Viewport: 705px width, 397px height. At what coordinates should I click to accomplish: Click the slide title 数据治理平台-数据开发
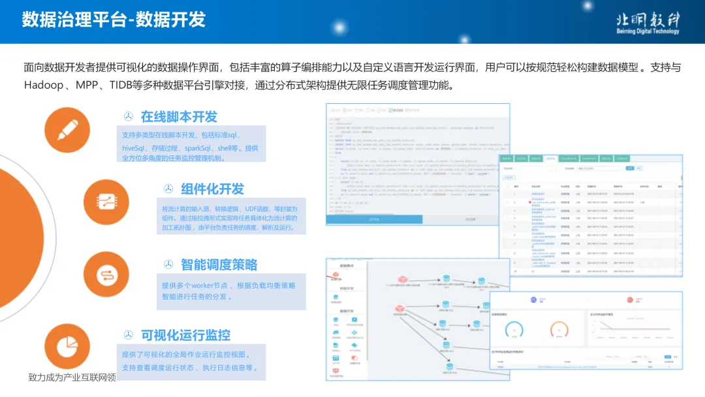pyautogui.click(x=114, y=20)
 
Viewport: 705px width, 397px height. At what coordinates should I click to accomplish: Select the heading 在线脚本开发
pyautogui.click(x=179, y=117)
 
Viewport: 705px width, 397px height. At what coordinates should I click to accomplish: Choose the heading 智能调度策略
pyautogui.click(x=219, y=264)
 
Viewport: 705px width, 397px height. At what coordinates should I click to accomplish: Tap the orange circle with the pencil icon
pyautogui.click(x=67, y=130)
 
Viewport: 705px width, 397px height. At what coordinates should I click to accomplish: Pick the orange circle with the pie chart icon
pyautogui.click(x=67, y=345)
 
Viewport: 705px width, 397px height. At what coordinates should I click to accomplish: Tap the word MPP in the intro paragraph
pyautogui.click(x=86, y=86)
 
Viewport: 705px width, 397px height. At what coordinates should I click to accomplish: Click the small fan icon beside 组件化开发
pyautogui.click(x=168, y=189)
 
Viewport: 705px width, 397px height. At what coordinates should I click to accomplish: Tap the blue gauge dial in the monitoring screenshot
pyautogui.click(x=515, y=330)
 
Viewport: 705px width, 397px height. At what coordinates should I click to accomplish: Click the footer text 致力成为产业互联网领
pyautogui.click(x=72, y=377)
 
